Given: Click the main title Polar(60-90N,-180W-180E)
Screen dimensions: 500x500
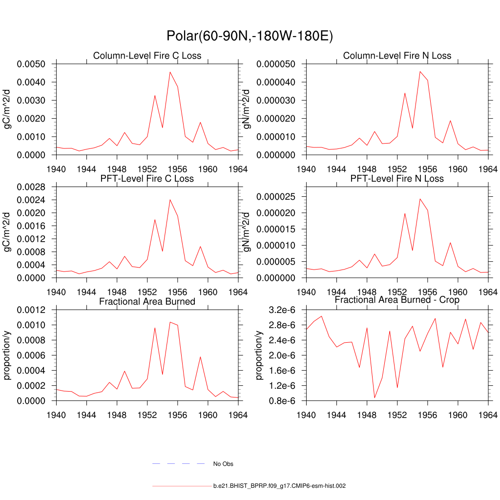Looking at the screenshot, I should point(250,36).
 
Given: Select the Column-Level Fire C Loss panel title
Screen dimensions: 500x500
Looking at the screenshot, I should point(147,56).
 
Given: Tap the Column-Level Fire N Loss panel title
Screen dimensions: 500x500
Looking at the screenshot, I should point(397,56).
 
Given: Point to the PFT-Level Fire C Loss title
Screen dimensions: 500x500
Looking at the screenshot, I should point(147,179).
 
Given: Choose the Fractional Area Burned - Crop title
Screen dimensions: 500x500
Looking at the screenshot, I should point(397,300).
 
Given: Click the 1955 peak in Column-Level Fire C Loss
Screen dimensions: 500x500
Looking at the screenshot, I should point(170,72).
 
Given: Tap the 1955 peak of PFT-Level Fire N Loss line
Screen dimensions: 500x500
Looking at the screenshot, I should point(420,199).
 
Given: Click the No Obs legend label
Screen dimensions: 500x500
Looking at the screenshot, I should point(223,464).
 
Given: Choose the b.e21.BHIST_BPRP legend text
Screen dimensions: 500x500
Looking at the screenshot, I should point(280,486).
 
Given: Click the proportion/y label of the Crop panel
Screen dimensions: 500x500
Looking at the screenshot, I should point(258,355).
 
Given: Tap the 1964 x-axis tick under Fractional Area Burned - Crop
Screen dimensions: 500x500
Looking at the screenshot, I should point(489,415).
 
